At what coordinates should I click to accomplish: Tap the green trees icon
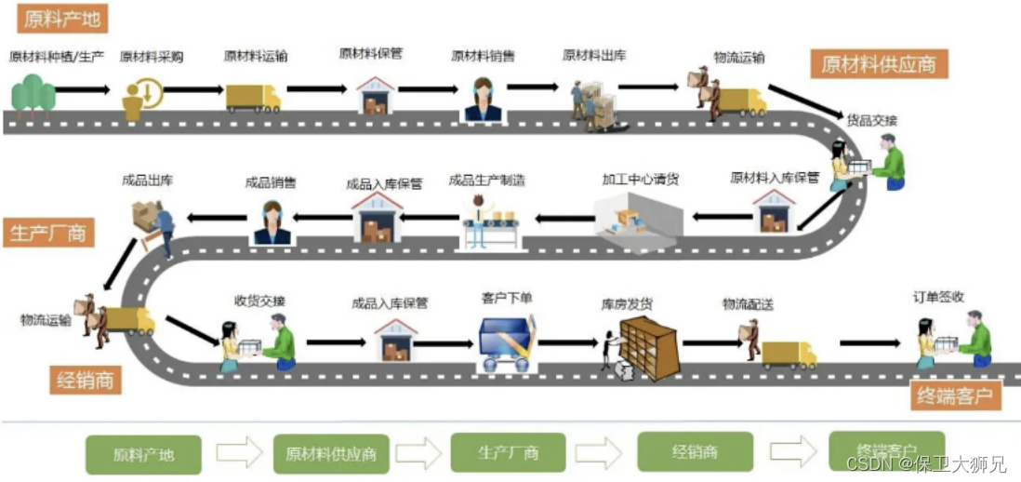coord(33,92)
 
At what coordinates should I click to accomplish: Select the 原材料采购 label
coord(152,57)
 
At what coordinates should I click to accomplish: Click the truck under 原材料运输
coord(252,97)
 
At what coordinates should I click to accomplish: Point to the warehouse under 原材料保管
coord(376,96)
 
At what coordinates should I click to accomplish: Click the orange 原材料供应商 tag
coord(879,64)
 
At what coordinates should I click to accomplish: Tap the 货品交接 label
coord(871,120)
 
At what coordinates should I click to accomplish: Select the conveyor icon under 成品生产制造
coord(490,223)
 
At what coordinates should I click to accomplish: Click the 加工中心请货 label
coord(640,179)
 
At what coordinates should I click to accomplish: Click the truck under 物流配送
coord(789,353)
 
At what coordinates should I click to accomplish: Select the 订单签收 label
coord(938,297)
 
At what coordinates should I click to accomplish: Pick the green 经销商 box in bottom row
coord(696,452)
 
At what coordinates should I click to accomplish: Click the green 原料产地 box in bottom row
coord(143,455)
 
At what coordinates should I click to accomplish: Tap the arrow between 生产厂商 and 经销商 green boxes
coord(600,452)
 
